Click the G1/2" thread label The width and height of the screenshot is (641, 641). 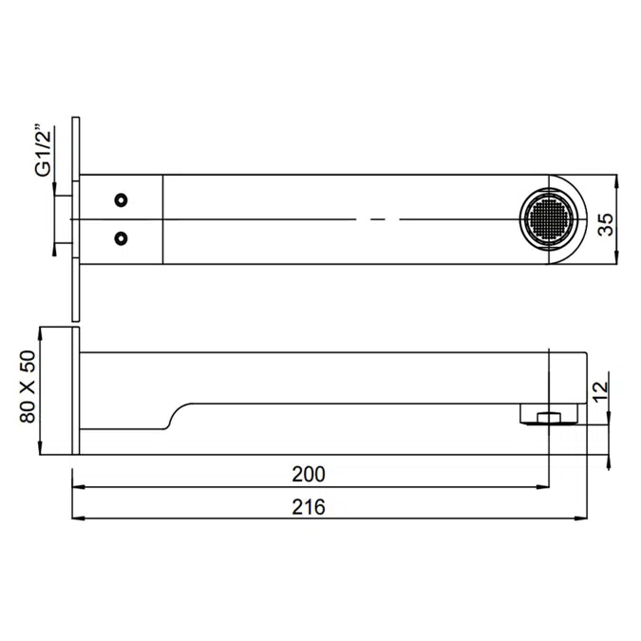point(44,150)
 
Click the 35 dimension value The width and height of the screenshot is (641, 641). point(606,224)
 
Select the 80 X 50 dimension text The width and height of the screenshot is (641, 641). point(28,386)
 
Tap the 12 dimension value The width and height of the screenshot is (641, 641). point(601,391)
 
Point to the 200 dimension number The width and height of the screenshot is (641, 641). point(309,474)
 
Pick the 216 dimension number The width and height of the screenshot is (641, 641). point(309,507)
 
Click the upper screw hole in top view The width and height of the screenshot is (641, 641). point(121,200)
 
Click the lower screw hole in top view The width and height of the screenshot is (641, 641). point(121,238)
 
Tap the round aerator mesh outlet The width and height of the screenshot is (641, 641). point(549,219)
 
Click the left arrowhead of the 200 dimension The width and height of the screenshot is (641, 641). point(78,487)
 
